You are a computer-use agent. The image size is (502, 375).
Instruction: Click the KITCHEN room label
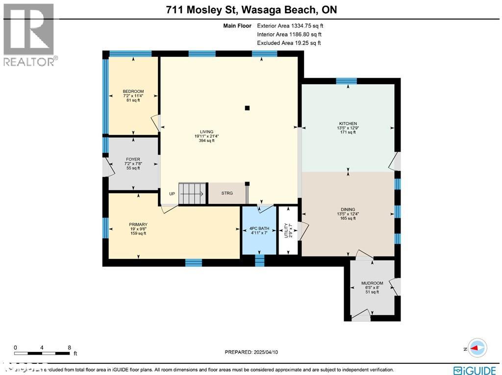(348, 124)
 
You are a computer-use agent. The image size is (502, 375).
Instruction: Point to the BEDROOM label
(133, 92)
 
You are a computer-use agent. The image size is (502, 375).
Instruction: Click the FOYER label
(133, 160)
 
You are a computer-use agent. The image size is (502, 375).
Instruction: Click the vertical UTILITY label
(286, 231)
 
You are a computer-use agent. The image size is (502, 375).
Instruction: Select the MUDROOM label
(372, 283)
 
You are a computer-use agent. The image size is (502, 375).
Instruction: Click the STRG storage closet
(227, 193)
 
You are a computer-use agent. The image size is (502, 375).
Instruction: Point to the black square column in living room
(248, 108)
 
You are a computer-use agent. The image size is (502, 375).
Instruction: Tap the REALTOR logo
(29, 34)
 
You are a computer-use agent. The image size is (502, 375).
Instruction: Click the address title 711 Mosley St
(251, 10)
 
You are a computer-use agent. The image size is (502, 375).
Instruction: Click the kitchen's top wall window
(346, 81)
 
